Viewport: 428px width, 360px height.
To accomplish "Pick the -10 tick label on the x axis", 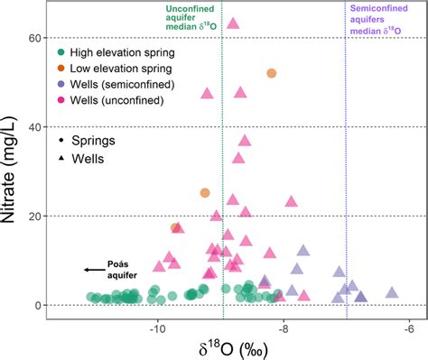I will click(158, 326).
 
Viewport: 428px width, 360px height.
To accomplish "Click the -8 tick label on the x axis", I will click(284, 326).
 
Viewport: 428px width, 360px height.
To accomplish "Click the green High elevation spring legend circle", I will click(60, 53).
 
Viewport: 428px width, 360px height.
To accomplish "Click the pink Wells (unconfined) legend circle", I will click(60, 100).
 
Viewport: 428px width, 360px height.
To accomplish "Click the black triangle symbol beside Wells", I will click(60, 158).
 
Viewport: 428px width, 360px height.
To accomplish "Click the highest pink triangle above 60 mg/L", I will click(233, 23).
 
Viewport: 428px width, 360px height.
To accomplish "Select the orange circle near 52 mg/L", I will click(271, 73).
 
